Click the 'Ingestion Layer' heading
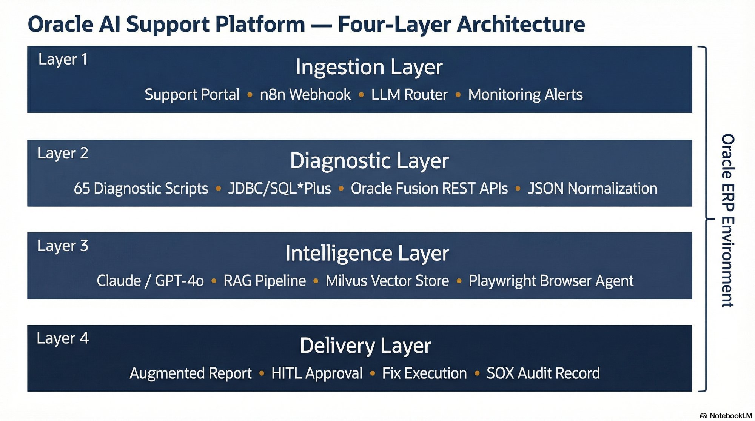pyautogui.click(x=369, y=67)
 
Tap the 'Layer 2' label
pyautogui.click(x=63, y=153)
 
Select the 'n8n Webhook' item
pyautogui.click(x=305, y=95)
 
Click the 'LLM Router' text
pyautogui.click(x=409, y=95)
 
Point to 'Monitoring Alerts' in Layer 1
pyautogui.click(x=525, y=95)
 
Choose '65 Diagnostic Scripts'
pyautogui.click(x=141, y=188)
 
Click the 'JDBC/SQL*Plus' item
pyautogui.click(x=279, y=188)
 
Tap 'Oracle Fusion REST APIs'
pyautogui.click(x=429, y=188)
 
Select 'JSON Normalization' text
pyautogui.click(x=592, y=188)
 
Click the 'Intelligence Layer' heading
pyautogui.click(x=367, y=253)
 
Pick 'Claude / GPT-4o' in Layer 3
pyautogui.click(x=150, y=281)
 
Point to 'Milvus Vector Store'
pyautogui.click(x=387, y=281)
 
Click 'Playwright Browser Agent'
pyautogui.click(x=551, y=281)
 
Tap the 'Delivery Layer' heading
pyautogui.click(x=365, y=346)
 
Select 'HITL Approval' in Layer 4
pyautogui.click(x=317, y=373)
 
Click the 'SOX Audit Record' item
pyautogui.click(x=543, y=373)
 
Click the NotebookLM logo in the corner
pyautogui.click(x=726, y=415)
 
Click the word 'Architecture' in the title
pyautogui.click(x=521, y=24)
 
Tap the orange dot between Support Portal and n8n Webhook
pyautogui.click(x=250, y=95)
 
